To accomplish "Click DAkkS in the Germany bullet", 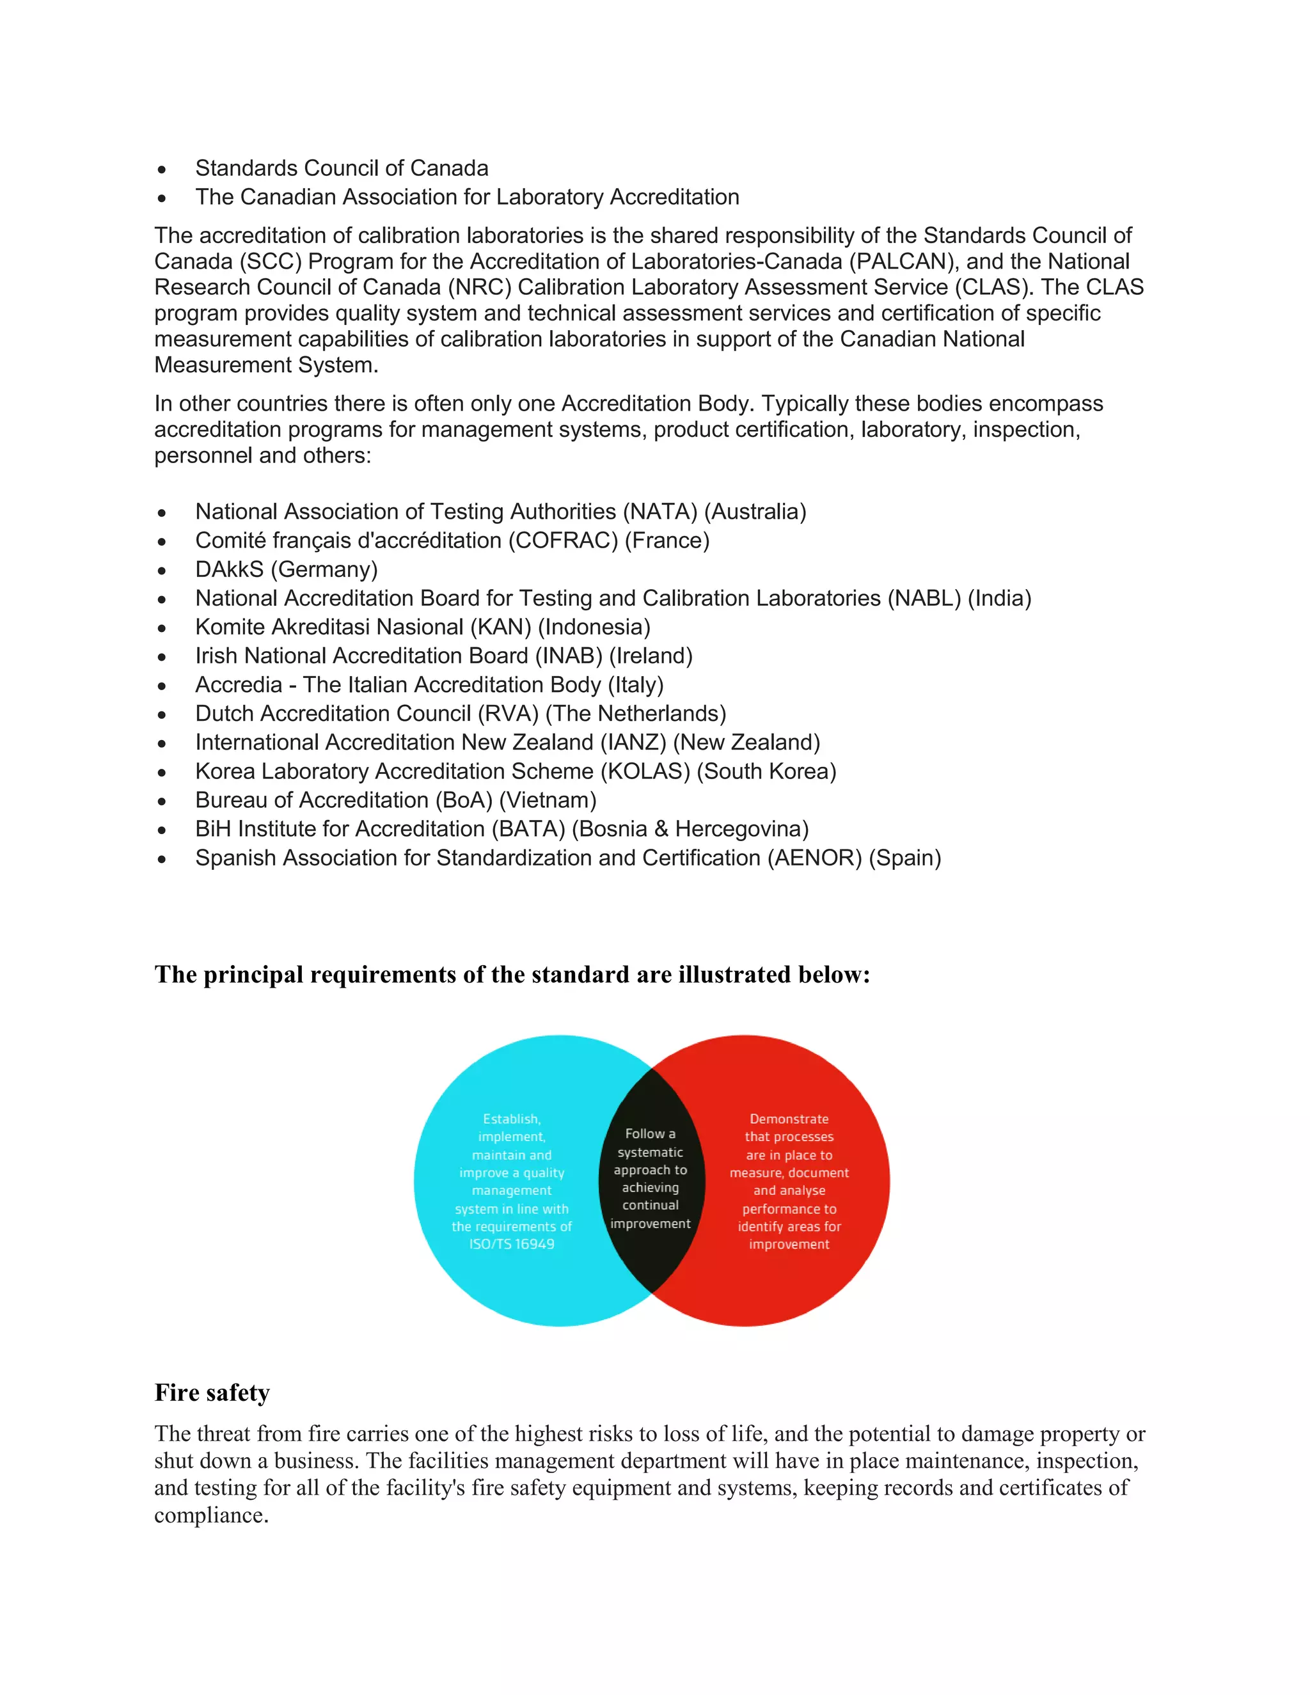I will coord(230,570).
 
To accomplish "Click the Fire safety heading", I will coord(212,1392).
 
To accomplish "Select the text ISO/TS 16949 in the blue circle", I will coord(512,1244).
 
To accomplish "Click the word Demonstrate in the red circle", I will coord(789,1119).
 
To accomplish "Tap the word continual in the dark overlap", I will coord(651,1205).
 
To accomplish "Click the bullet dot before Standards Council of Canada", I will coord(161,169).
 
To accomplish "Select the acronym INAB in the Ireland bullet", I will coord(569,656).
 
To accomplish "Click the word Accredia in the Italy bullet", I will coord(238,684).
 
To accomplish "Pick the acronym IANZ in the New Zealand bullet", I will coord(633,743).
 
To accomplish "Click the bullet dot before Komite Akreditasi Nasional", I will coord(161,628).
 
